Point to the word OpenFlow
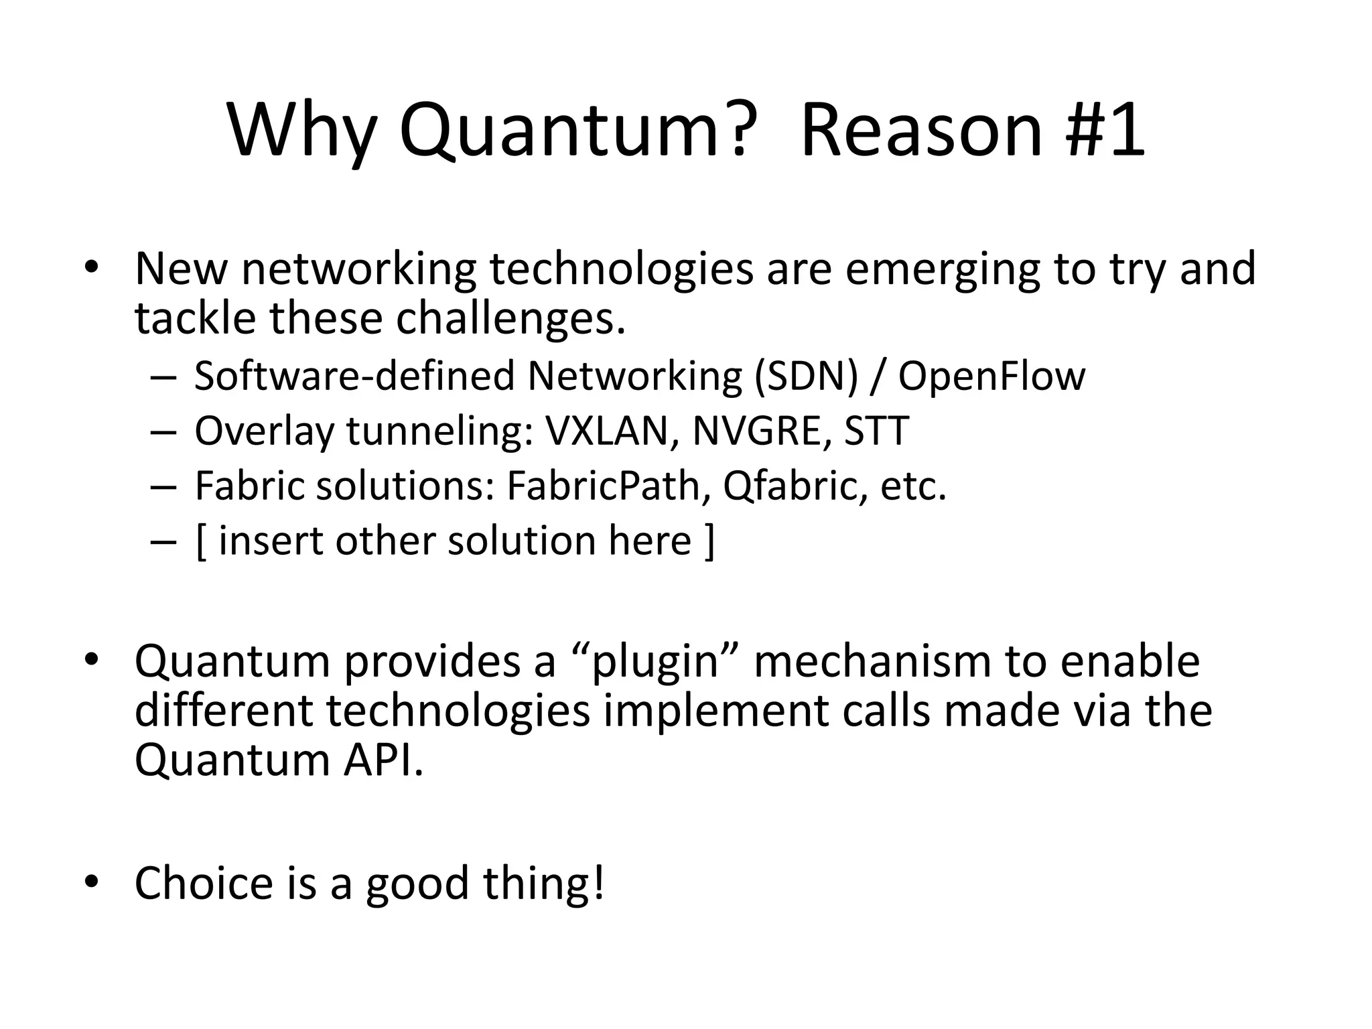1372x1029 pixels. point(991,376)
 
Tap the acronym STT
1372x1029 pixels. point(876,431)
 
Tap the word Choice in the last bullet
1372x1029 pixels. point(204,883)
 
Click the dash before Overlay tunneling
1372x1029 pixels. point(163,432)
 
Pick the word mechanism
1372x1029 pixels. point(872,661)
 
